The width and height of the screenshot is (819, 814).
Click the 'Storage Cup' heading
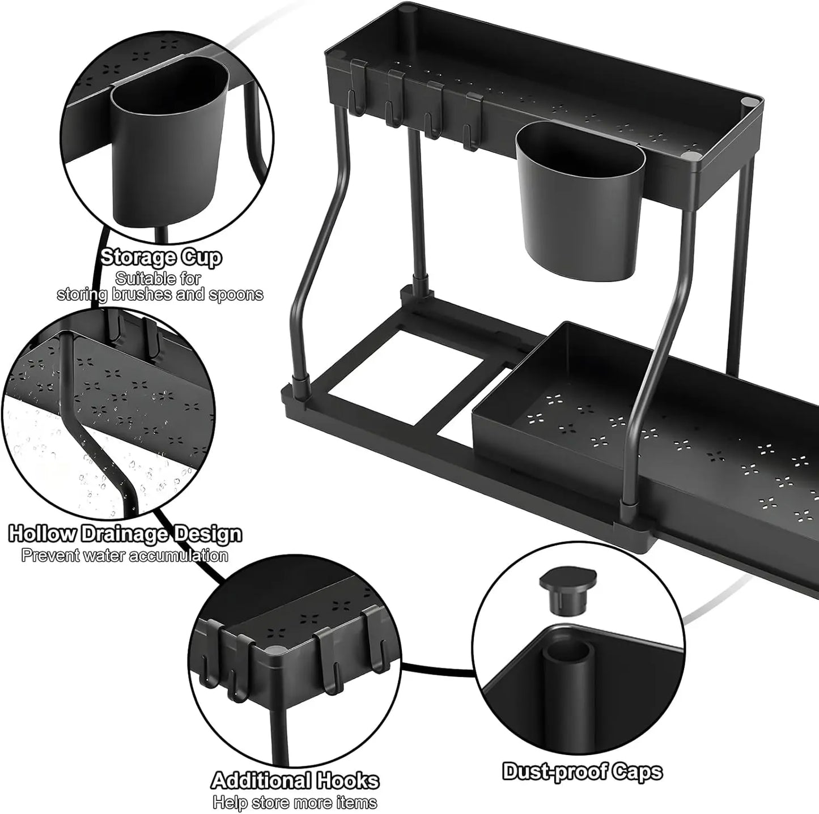[x=161, y=258]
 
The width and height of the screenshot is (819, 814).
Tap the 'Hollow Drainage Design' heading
[x=126, y=534]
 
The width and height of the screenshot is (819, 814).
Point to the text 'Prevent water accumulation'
[x=125, y=555]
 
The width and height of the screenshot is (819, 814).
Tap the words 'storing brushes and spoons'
[x=160, y=295]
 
